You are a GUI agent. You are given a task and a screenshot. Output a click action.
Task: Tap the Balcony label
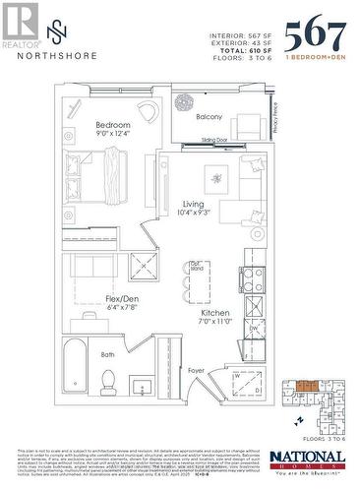click(x=210, y=116)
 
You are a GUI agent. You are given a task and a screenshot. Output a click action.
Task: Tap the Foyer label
click(x=197, y=371)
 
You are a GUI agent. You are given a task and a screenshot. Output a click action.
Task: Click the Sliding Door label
click(x=202, y=142)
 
